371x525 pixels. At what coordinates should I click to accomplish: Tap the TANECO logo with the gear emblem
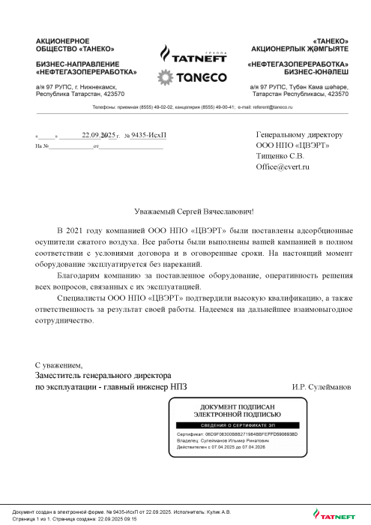pos(185,77)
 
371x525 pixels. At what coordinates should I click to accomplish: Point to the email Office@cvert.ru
pos(283,166)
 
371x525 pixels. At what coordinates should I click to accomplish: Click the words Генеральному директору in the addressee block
pos(299,135)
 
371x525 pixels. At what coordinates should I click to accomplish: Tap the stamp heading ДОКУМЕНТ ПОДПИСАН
pos(238,406)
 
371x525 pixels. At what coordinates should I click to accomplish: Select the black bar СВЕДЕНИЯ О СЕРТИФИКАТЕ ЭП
pos(238,424)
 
